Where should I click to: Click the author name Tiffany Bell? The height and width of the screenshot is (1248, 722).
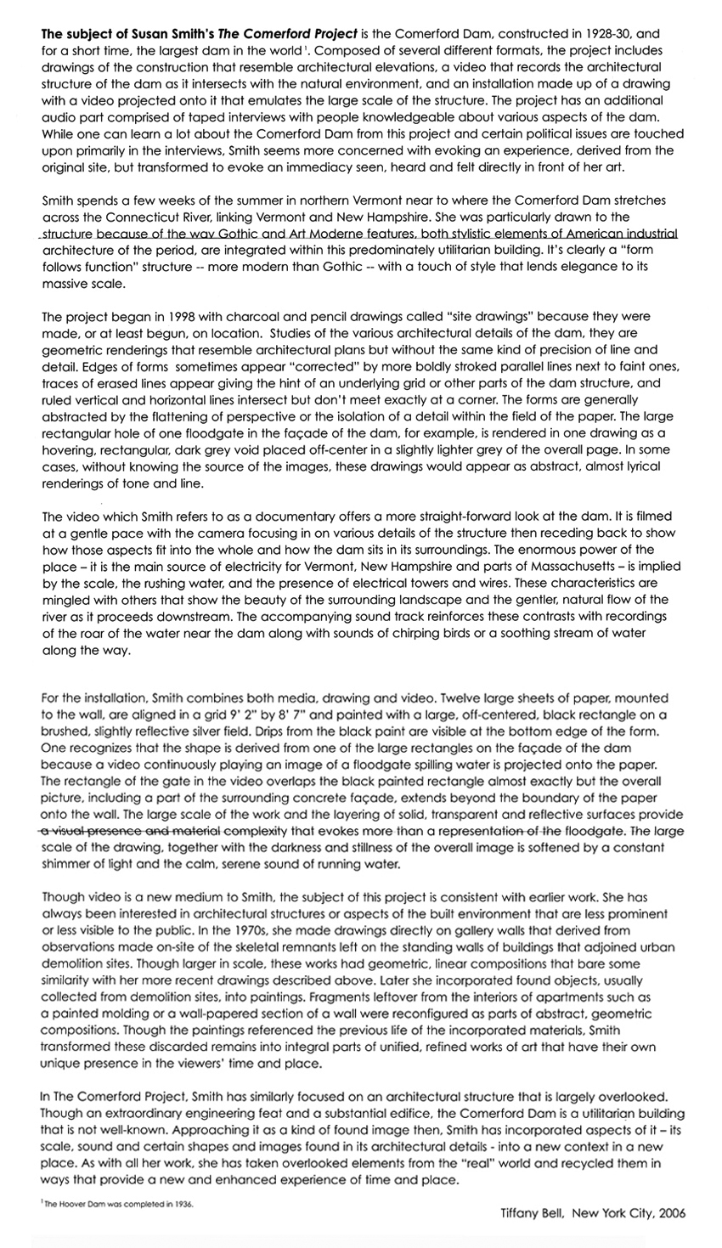pos(532,1214)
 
